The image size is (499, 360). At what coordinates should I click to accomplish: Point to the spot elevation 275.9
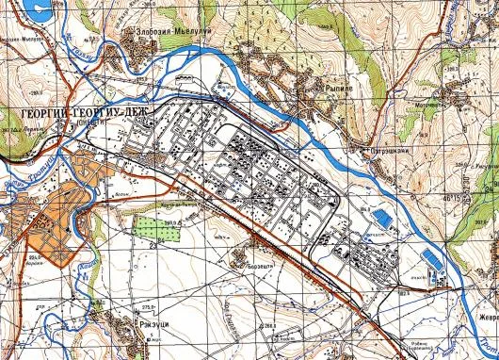(x=148, y=307)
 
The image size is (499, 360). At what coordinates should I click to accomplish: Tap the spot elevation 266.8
(x=274, y=326)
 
